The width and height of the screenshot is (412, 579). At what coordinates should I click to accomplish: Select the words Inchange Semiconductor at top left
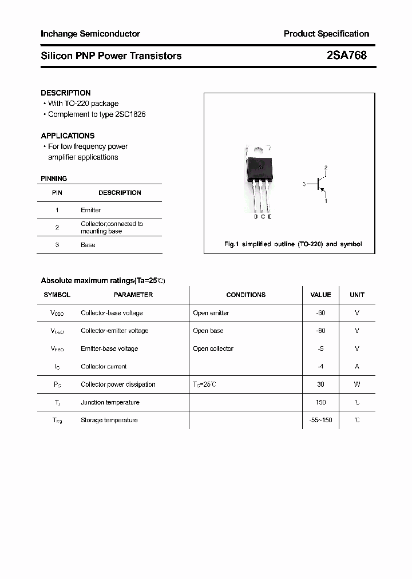(x=90, y=34)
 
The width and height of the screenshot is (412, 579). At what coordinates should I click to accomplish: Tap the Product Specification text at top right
(x=326, y=34)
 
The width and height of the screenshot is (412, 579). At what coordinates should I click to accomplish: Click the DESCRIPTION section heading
(x=66, y=93)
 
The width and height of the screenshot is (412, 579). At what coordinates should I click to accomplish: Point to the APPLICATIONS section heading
(x=68, y=136)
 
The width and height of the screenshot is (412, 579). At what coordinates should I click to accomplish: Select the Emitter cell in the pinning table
(x=90, y=210)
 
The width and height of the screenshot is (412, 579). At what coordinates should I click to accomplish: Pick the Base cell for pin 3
(x=88, y=245)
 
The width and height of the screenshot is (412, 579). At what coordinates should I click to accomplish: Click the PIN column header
(x=57, y=193)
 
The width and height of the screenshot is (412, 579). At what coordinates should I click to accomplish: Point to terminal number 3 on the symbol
(x=304, y=184)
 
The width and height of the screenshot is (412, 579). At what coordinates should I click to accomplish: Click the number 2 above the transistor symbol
(x=326, y=168)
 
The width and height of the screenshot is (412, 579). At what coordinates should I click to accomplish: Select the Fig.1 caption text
(x=292, y=244)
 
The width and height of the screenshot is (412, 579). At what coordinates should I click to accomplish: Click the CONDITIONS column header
(x=245, y=295)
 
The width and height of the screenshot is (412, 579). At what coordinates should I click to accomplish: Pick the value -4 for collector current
(x=320, y=367)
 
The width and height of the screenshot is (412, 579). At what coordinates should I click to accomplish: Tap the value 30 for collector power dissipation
(x=320, y=384)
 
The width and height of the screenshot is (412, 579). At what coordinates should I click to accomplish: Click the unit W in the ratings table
(x=356, y=384)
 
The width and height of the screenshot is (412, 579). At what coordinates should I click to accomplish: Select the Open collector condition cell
(x=213, y=348)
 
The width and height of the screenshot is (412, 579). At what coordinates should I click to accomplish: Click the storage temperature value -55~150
(x=320, y=420)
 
